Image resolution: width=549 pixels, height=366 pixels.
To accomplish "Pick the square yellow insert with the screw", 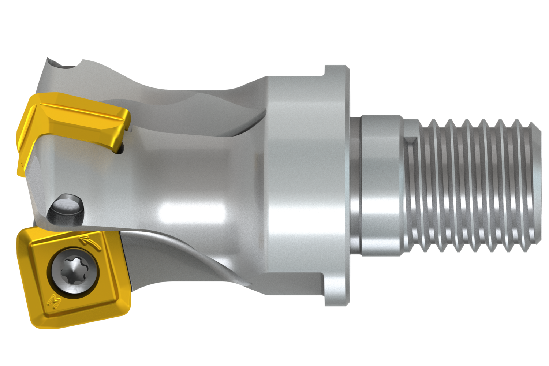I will tap(73, 274).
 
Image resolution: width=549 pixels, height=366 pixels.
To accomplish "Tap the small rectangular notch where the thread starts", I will tap(411, 141).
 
